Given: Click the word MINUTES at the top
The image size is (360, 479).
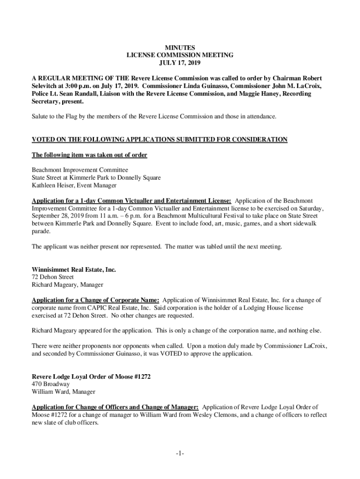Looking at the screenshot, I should coord(180,47).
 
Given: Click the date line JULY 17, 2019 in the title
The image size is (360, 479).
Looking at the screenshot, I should coord(180,63).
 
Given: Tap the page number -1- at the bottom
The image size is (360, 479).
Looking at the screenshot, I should coord(180,453).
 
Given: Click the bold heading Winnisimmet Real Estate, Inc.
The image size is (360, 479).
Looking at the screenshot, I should coord(73,269).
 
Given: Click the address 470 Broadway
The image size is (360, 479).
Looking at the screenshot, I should coord(50,384).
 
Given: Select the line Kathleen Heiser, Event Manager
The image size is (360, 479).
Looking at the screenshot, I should coord(74,185).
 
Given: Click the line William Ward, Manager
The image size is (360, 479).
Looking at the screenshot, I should coord(63,392).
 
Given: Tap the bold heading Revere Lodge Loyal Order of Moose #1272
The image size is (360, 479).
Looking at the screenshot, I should coord(91,377).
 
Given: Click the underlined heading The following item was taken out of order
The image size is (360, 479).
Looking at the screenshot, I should coord(89,155).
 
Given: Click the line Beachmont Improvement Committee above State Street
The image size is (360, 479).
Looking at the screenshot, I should coord(79,170).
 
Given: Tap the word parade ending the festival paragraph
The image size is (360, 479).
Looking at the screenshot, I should coord(41,231).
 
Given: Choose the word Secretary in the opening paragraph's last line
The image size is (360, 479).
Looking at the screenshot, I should coord(46,102).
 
